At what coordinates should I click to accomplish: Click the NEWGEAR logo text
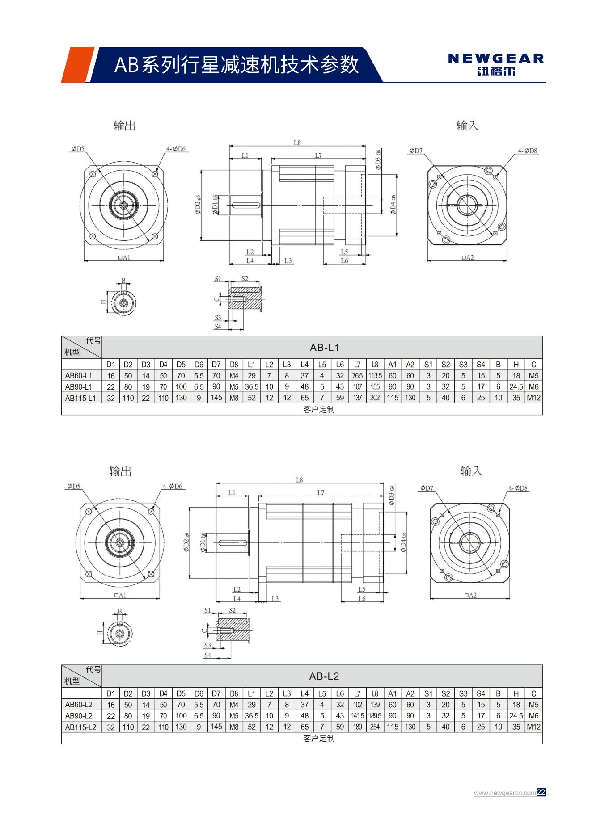click(x=496, y=59)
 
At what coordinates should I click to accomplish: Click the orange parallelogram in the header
click(x=77, y=65)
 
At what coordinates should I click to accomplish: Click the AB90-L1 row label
click(x=79, y=386)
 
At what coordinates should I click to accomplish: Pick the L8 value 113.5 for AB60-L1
click(x=375, y=376)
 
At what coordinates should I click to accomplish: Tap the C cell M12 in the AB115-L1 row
click(x=533, y=398)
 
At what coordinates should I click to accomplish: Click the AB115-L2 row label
click(x=80, y=727)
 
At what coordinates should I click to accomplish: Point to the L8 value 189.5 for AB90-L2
click(x=375, y=716)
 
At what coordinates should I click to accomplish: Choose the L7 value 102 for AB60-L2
click(x=357, y=705)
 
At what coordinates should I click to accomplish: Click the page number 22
click(x=541, y=793)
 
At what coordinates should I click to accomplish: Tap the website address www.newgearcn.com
click(x=505, y=793)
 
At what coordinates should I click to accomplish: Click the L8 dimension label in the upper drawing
click(x=297, y=143)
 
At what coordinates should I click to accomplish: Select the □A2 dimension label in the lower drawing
click(x=470, y=595)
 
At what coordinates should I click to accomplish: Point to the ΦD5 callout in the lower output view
click(x=74, y=486)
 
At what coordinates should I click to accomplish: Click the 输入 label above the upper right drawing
click(x=467, y=126)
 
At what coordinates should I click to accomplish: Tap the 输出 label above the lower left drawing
click(x=120, y=471)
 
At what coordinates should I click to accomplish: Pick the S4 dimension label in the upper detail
click(x=218, y=327)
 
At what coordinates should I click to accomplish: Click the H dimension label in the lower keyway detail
click(x=100, y=632)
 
